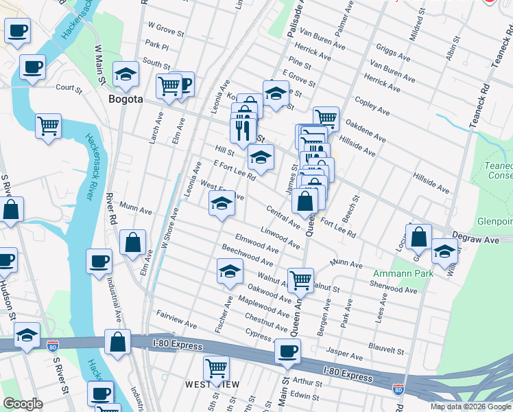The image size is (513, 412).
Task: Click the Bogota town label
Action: tap(126, 99)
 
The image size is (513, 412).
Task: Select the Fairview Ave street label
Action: tap(176, 320)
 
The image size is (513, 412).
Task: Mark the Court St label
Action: tap(69, 89)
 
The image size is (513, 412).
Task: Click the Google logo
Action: tap(23, 404)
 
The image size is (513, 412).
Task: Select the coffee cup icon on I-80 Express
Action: tap(287, 350)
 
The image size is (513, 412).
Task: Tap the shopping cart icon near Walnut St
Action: tap(300, 279)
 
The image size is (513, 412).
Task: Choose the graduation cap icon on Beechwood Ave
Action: tap(230, 271)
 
